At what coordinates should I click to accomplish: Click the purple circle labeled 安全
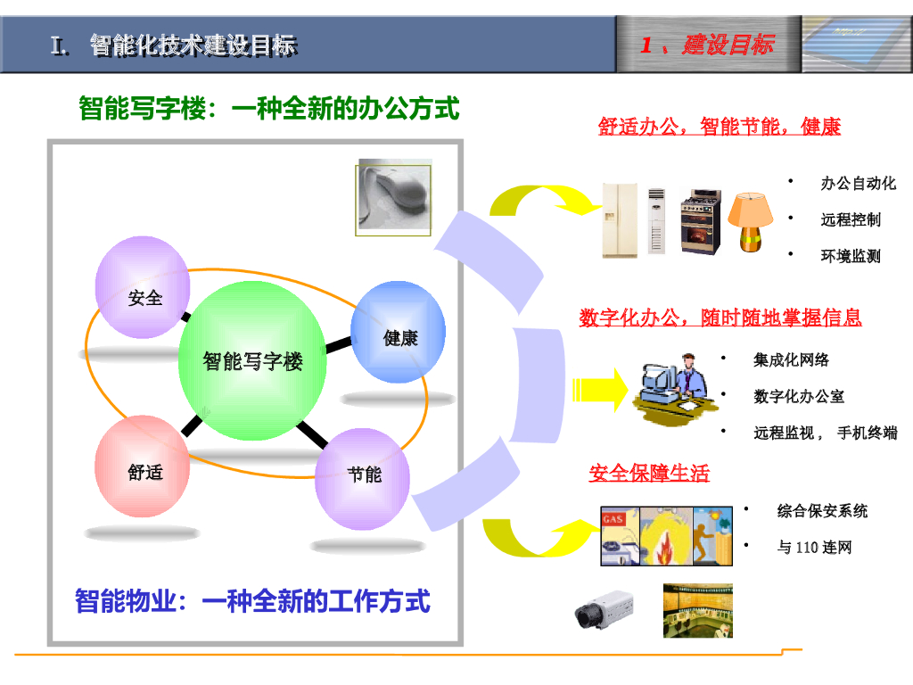click(x=143, y=287)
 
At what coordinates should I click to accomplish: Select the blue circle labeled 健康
click(x=399, y=332)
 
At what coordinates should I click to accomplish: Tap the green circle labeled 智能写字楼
click(x=252, y=360)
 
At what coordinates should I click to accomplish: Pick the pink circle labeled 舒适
click(x=143, y=466)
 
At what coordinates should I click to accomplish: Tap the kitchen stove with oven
click(x=700, y=221)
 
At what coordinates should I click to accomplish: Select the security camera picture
click(x=603, y=611)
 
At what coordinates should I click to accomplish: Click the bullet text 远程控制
click(x=850, y=219)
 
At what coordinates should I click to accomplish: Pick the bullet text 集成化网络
click(x=791, y=359)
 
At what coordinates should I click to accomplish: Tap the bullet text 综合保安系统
click(x=821, y=511)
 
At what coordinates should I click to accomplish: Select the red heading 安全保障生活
click(x=649, y=474)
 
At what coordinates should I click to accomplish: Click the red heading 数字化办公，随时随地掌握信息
click(x=720, y=318)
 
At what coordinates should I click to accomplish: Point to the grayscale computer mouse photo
click(x=394, y=196)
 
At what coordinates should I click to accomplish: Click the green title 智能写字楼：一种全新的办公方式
click(x=268, y=109)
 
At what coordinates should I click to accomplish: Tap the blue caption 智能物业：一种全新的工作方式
click(x=252, y=601)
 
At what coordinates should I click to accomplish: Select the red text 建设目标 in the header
click(x=728, y=45)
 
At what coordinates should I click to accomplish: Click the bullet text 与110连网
click(x=814, y=547)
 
